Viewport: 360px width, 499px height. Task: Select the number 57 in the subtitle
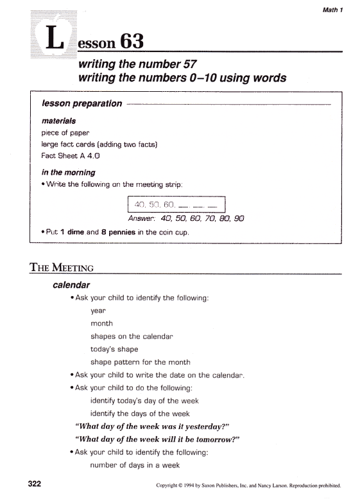coord(185,64)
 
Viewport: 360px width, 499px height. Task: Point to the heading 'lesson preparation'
coord(81,103)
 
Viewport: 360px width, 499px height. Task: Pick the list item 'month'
coord(101,324)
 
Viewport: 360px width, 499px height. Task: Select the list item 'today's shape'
coord(115,349)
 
